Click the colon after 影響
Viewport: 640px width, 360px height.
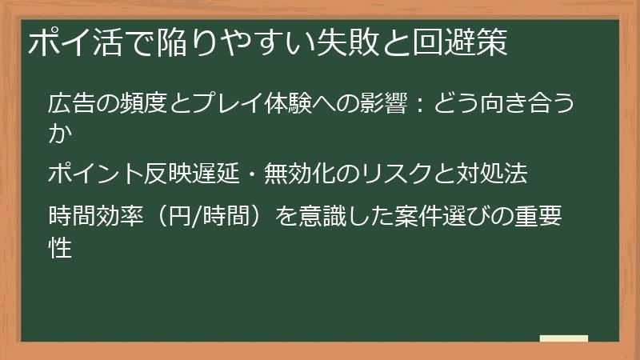click(422, 104)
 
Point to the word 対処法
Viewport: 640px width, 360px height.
click(515, 173)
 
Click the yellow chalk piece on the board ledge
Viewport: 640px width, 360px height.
click(564, 338)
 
